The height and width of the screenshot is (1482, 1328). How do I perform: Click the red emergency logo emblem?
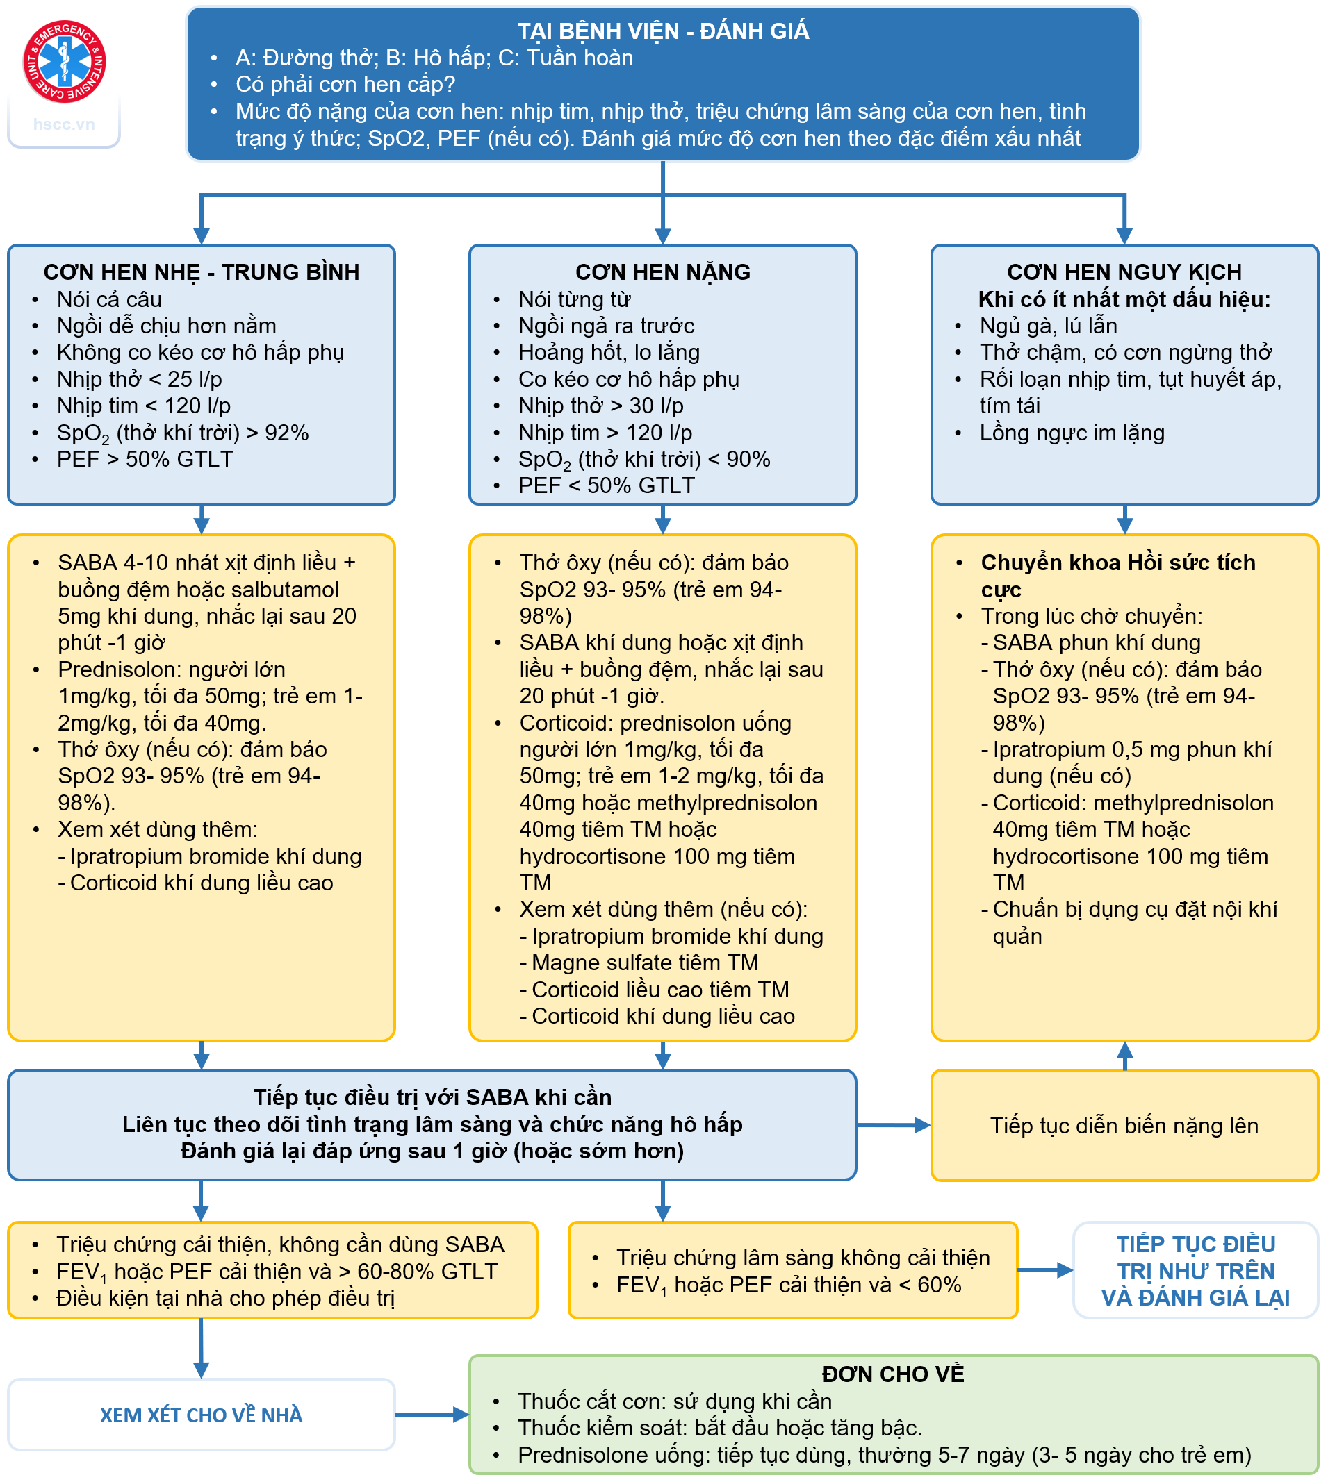(64, 61)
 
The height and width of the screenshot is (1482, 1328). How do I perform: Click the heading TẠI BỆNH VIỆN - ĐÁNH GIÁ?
(662, 31)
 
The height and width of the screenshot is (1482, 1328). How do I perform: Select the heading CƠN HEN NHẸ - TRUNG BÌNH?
(202, 272)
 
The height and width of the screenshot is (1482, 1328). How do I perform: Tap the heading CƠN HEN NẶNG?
(662, 272)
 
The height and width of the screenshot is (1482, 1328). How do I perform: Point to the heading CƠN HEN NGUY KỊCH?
(1124, 272)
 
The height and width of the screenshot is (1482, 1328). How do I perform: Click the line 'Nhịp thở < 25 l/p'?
(140, 379)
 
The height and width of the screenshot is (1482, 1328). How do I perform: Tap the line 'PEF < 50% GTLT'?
(606, 485)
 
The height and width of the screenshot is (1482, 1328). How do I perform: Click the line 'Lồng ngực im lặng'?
(1071, 433)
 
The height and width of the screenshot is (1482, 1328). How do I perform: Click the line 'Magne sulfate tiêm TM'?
(644, 963)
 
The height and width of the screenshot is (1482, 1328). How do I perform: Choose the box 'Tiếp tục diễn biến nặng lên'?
(1124, 1125)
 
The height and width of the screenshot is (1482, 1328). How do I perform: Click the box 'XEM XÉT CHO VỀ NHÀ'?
(202, 1415)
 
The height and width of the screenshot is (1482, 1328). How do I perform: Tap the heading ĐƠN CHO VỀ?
(893, 1374)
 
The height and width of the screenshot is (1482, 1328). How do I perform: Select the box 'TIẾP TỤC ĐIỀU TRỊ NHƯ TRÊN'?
(1195, 1270)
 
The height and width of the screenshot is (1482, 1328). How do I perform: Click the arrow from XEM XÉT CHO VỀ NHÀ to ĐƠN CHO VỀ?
(432, 1415)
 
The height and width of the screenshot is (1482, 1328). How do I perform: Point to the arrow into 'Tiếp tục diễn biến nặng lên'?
(893, 1125)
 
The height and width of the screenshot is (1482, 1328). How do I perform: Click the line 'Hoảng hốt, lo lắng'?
(609, 352)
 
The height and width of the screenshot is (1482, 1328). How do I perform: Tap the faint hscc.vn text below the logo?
(64, 124)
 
